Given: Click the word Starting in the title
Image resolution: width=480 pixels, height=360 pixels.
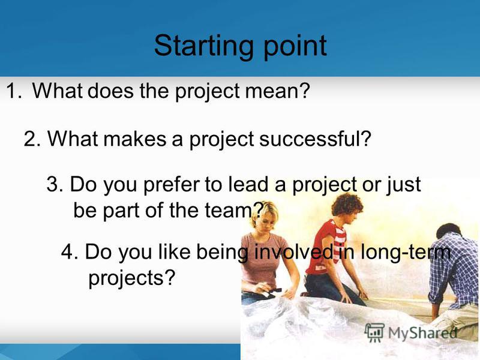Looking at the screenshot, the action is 203,47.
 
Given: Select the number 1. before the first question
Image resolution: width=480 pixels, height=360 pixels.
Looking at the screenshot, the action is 14,91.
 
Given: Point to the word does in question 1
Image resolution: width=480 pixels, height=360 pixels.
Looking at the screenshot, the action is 110,91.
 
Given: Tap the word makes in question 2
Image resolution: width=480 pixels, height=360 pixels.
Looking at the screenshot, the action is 134,139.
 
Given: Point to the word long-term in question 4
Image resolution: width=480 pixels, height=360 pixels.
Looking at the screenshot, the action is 406,251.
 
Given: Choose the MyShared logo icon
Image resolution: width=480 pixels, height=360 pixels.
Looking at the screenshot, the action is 374,333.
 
